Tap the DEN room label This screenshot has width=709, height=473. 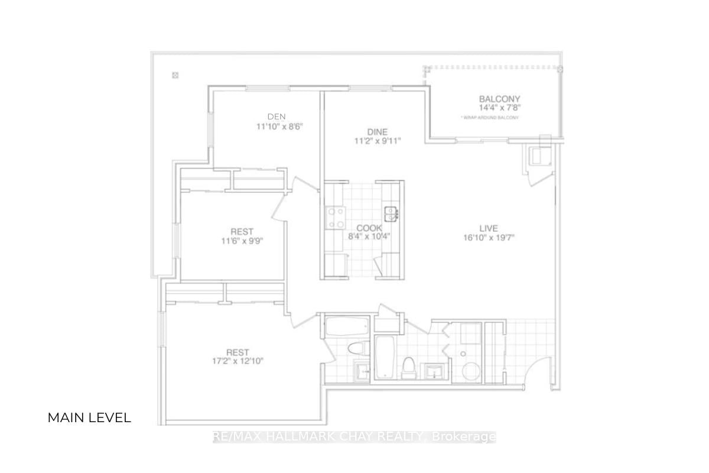point(277,116)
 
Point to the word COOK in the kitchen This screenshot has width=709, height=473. point(369,228)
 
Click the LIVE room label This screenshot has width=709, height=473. point(489,228)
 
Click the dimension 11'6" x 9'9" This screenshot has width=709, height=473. point(242,241)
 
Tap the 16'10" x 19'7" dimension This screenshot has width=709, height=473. point(489,238)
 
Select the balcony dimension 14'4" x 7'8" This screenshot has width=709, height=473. point(499,108)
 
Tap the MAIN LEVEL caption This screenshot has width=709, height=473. point(89,417)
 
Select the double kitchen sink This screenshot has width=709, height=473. point(391,212)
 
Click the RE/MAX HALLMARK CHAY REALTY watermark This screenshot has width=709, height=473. point(354,437)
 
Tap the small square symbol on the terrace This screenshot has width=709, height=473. point(175,74)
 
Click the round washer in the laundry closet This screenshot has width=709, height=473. point(471,371)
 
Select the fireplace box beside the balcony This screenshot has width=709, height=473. point(539,156)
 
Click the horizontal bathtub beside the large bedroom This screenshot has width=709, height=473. point(347,328)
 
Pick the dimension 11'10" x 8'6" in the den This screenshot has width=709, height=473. point(280,126)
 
